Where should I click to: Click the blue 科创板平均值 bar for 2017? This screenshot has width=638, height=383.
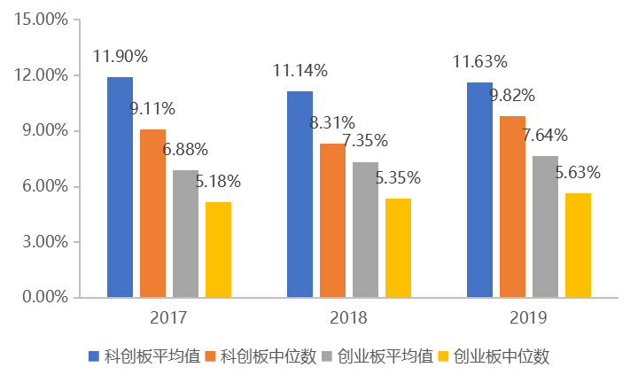tap(121, 187)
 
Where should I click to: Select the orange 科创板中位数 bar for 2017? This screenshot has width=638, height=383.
tap(153, 213)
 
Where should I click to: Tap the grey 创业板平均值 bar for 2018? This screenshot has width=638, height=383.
tap(365, 230)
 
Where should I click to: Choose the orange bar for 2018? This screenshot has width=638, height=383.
tap(332, 220)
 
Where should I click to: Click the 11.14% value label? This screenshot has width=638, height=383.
tap(300, 70)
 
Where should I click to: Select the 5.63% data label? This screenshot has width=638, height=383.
tap(577, 173)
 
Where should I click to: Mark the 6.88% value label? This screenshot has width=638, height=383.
tap(185, 149)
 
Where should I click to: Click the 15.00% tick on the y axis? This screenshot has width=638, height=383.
tap(43, 20)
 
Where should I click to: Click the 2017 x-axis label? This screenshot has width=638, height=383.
tap(168, 317)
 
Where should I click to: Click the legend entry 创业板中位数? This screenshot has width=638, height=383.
tap(502, 356)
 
